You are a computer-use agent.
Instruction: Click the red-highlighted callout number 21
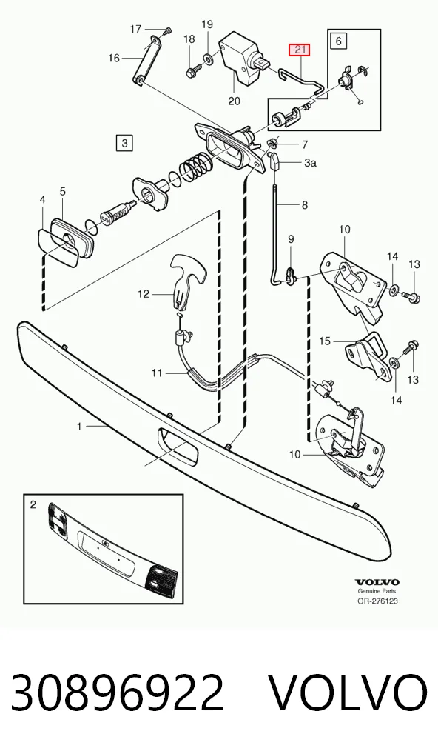(x=299, y=50)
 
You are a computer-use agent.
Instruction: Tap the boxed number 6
(x=339, y=41)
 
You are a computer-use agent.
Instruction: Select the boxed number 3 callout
(x=124, y=143)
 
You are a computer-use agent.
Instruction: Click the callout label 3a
(x=310, y=163)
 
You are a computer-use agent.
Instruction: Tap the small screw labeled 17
(x=167, y=31)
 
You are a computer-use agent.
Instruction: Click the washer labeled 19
(x=209, y=59)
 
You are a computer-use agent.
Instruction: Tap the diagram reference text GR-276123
(x=377, y=601)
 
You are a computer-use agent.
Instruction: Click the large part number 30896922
(x=118, y=693)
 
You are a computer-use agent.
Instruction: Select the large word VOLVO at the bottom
(x=347, y=693)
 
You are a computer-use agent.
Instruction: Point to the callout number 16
(x=114, y=59)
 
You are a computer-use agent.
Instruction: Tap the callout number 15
(x=325, y=341)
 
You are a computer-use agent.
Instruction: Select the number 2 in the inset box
(x=33, y=504)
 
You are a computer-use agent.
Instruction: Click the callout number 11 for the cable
(x=157, y=373)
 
